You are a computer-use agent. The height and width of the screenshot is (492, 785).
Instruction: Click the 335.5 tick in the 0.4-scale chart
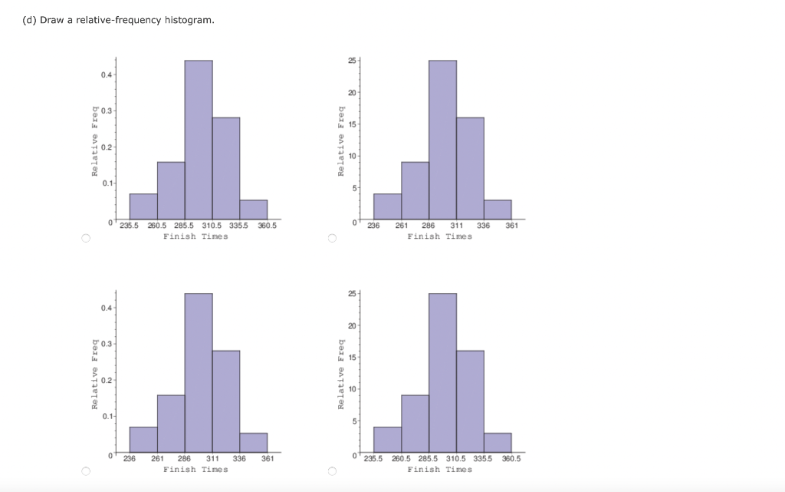(240, 226)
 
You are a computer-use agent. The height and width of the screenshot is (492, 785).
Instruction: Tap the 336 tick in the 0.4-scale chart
(239, 459)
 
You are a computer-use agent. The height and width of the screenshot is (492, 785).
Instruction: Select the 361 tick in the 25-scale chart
(511, 226)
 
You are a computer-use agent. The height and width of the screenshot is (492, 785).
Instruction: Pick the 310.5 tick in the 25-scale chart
(457, 459)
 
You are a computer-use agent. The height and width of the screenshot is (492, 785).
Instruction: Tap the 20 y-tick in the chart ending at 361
(350, 92)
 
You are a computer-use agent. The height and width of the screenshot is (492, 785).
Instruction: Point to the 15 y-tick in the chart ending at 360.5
(350, 358)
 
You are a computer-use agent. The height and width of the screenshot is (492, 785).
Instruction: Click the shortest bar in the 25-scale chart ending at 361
(498, 210)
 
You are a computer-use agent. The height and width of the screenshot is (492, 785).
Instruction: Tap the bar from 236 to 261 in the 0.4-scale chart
(143, 439)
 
